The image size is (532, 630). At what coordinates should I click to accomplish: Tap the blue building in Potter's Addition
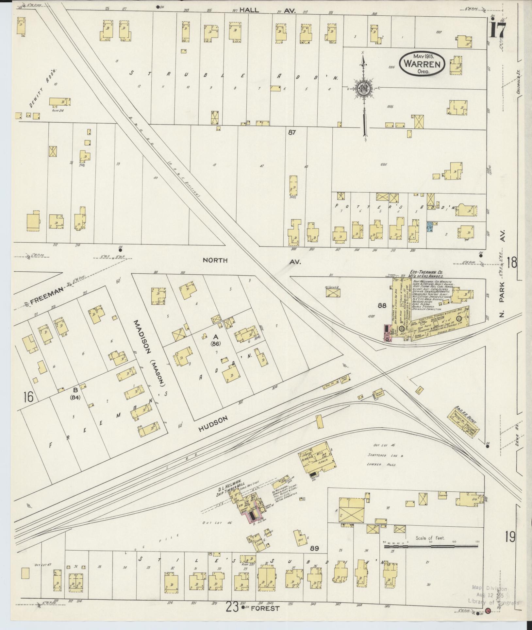tap(430, 227)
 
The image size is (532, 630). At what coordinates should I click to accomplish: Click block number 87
tap(292, 133)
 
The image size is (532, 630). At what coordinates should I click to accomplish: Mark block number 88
tap(382, 306)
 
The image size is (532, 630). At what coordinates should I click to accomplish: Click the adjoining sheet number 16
tap(28, 397)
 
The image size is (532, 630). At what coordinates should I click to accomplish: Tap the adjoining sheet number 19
tap(510, 536)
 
